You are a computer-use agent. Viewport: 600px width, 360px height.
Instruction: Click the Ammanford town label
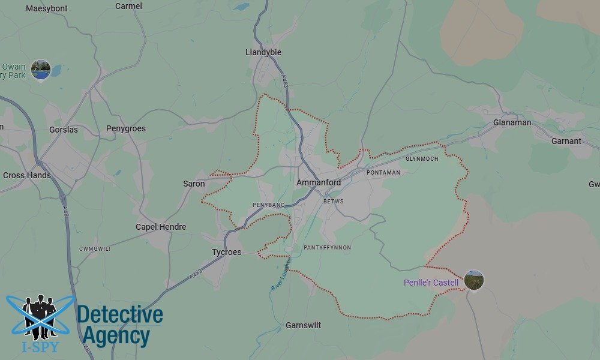(319, 182)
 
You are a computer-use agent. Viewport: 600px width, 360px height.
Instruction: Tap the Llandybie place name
(263, 52)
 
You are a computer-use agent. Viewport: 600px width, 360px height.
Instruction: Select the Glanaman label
(512, 122)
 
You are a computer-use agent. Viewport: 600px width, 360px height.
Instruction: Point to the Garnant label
(566, 141)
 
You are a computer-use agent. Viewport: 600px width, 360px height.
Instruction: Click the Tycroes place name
(226, 252)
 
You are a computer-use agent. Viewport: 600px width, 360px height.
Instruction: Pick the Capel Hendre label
(161, 227)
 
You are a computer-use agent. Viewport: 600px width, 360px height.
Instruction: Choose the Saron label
(194, 184)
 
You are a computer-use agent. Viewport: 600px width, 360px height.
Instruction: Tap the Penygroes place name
(126, 128)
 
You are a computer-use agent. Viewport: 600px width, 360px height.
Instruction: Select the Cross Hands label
(27, 175)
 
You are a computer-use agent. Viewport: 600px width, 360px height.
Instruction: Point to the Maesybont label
(47, 8)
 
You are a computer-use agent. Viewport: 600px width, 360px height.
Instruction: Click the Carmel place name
(128, 6)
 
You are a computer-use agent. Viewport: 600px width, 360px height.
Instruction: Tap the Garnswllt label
(303, 325)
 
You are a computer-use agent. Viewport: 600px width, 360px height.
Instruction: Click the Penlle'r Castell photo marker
(474, 280)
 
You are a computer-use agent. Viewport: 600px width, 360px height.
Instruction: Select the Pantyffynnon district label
(327, 248)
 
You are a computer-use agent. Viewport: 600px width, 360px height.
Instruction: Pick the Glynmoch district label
(422, 159)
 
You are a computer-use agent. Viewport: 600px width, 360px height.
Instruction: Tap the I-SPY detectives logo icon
(40, 318)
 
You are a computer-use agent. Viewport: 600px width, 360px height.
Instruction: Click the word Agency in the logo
(116, 337)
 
